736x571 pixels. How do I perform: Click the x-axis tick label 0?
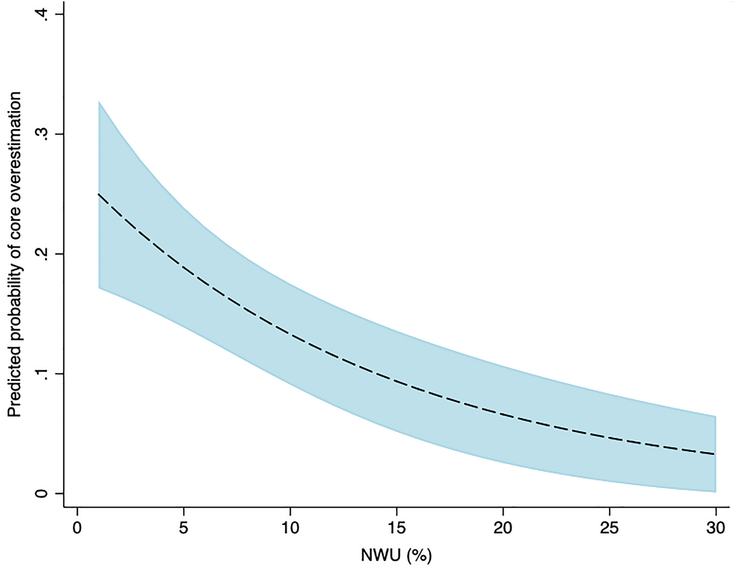[x=77, y=528]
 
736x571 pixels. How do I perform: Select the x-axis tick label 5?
[x=183, y=528]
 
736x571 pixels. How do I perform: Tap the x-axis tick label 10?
[x=290, y=528]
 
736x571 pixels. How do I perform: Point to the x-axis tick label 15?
[x=397, y=528]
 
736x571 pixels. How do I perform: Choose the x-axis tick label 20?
[x=503, y=528]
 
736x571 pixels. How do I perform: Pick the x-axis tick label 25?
[x=610, y=528]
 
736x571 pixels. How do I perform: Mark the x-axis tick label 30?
[x=716, y=528]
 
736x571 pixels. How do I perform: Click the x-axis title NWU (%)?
[x=397, y=556]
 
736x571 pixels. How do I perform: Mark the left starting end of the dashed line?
[x=99, y=194]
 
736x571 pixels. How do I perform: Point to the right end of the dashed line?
[x=715, y=454]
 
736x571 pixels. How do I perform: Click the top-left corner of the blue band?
[x=99, y=101]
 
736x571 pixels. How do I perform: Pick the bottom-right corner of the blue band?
[x=716, y=491]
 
